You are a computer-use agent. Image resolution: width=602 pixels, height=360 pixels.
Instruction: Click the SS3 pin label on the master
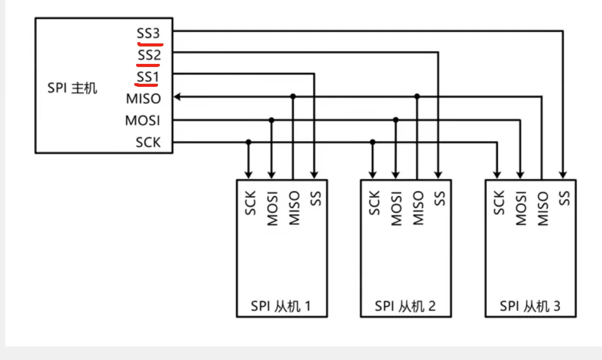pos(148,33)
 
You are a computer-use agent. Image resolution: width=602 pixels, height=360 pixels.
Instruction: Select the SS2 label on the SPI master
pos(149,55)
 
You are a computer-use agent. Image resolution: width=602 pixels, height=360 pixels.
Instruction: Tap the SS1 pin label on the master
pos(148,77)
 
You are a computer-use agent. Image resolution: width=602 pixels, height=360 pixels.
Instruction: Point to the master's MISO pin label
pos(143,99)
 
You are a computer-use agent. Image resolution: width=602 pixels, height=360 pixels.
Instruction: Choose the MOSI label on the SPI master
pos(142,121)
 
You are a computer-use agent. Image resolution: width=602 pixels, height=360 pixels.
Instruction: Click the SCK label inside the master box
pos(148,142)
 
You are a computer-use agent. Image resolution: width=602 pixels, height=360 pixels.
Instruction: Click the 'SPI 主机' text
pos(72,88)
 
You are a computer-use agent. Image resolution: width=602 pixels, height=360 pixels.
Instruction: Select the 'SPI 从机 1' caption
pos(281,306)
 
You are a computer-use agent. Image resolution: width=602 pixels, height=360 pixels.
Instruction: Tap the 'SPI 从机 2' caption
pos(405,306)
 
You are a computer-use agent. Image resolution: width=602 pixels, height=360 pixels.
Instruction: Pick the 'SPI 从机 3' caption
pos(530,306)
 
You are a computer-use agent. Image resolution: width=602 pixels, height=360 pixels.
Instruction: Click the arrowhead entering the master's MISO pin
pos(177,96)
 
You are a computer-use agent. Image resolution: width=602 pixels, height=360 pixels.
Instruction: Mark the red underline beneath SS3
pos(150,45)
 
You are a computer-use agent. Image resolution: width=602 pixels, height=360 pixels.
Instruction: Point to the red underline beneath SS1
pos(146,84)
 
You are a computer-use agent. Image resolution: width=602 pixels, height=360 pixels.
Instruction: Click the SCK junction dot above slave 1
pos(248,142)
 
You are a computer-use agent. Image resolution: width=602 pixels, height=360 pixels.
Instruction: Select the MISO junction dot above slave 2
pos(417,96)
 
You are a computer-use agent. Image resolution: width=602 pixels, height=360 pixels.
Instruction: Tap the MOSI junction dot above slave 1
pos(271,120)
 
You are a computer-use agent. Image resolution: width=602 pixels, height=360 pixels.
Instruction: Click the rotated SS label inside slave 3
pos(564,198)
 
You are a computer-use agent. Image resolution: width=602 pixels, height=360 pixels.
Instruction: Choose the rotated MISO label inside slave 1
pos(294,208)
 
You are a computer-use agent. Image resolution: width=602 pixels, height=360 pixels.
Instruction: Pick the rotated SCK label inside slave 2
pos(374,203)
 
